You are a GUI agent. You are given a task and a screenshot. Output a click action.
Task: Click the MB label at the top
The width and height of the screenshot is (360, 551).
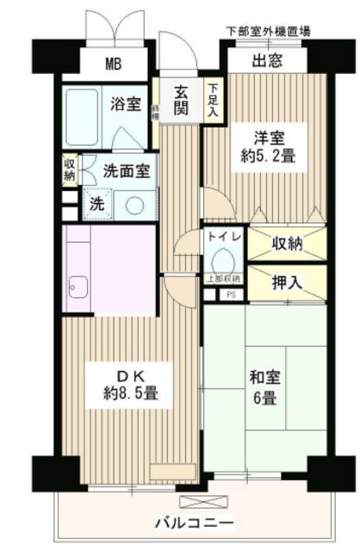click(x=114, y=63)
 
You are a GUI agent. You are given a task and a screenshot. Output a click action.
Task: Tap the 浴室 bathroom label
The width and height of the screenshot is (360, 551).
click(x=127, y=104)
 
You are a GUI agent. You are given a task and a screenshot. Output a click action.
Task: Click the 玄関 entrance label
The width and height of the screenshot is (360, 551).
click(x=182, y=102)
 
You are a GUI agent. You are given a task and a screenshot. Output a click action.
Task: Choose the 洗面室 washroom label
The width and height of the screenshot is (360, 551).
click(x=127, y=170)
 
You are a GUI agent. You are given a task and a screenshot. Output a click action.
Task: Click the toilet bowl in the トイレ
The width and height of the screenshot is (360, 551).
click(x=222, y=258)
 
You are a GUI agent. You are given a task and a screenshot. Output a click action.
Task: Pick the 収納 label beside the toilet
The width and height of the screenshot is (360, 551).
click(x=289, y=244)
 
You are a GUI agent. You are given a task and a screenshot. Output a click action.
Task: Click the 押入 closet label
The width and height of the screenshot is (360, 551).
click(x=289, y=282)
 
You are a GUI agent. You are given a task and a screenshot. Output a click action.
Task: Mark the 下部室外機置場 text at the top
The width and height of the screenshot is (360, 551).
click(x=268, y=31)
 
